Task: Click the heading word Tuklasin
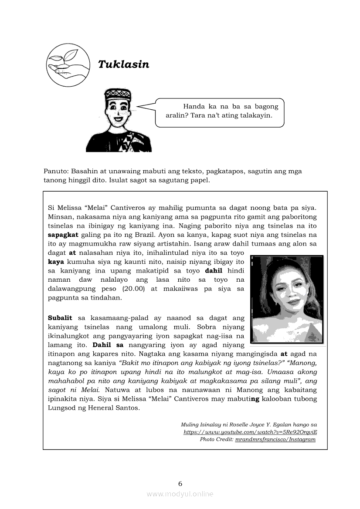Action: click(x=123, y=64)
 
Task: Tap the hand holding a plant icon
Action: click(x=68, y=64)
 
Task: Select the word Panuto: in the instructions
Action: click(x=55, y=171)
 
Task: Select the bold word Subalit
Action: click(x=60, y=318)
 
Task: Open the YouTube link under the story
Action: click(x=250, y=432)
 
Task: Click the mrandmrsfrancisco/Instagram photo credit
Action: click(x=275, y=439)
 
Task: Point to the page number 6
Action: click(x=180, y=483)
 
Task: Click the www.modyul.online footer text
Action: click(x=180, y=494)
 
